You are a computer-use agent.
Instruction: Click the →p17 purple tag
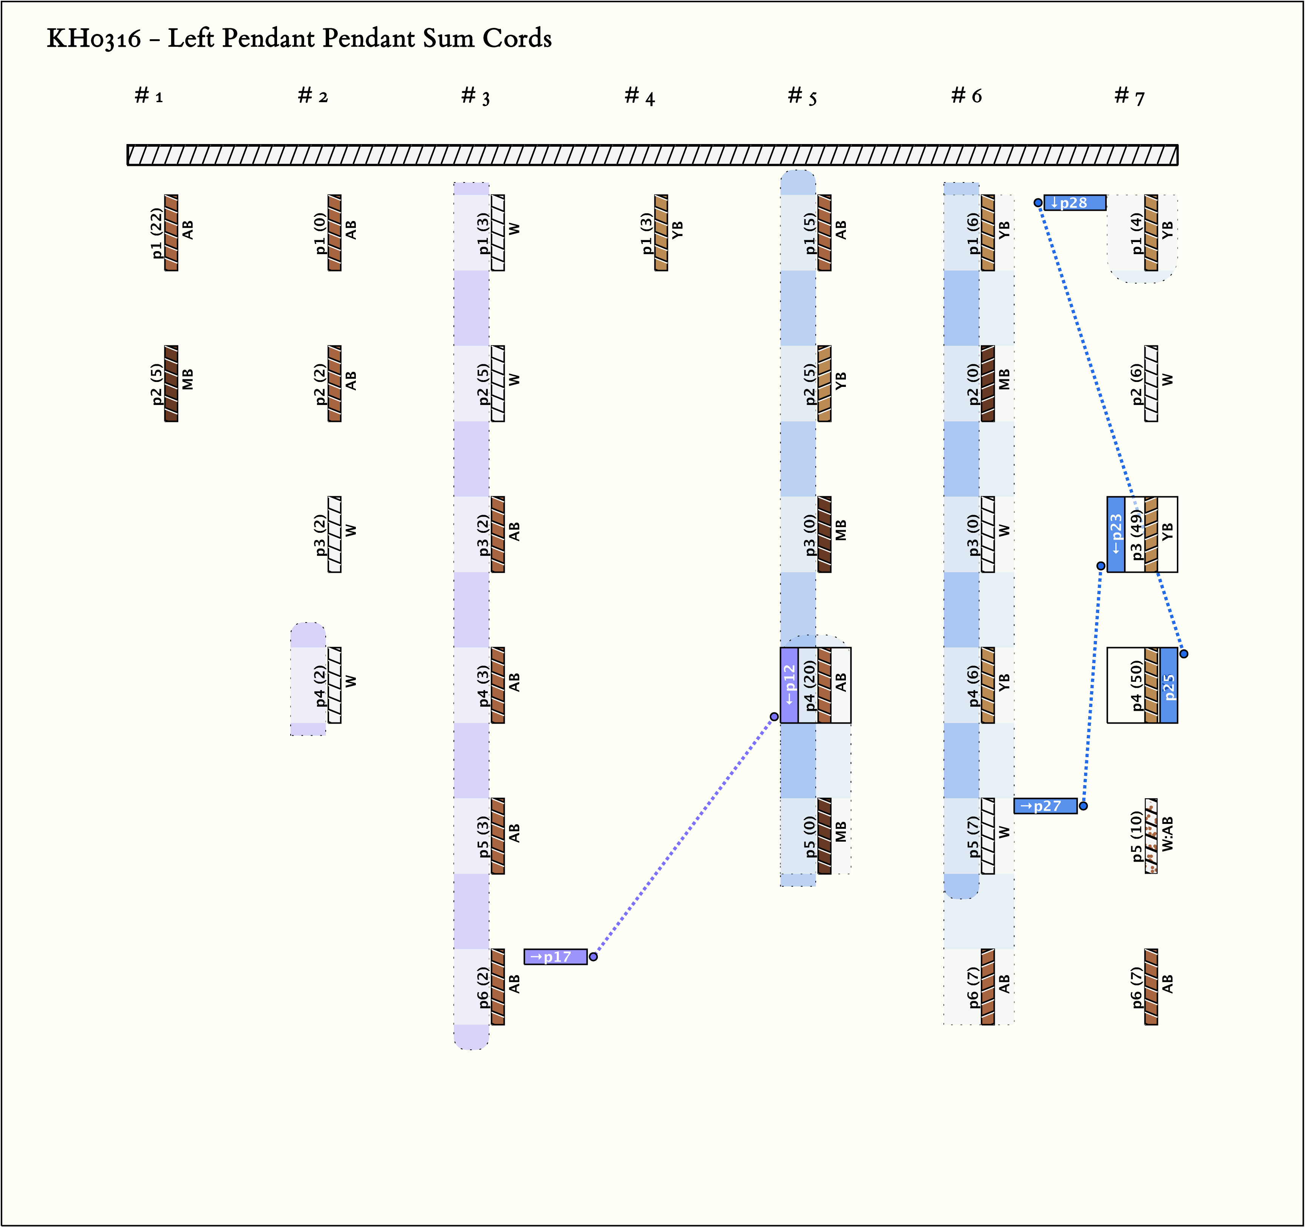[x=555, y=957]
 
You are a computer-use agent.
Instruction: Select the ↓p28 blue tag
[x=1075, y=203]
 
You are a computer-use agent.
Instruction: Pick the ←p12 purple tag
[x=789, y=685]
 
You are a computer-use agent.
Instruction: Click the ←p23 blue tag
[x=1116, y=534]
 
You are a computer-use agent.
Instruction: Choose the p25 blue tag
[x=1169, y=685]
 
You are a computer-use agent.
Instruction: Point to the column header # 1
[x=149, y=96]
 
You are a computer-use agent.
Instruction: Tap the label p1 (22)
[x=156, y=233]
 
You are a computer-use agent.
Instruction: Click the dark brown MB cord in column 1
[x=172, y=383]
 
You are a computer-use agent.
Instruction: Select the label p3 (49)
[x=1136, y=534]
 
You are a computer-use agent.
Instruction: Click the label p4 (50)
[x=1136, y=685]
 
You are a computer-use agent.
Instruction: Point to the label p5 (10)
[x=1136, y=836]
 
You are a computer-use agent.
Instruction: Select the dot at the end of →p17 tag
[x=593, y=957]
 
